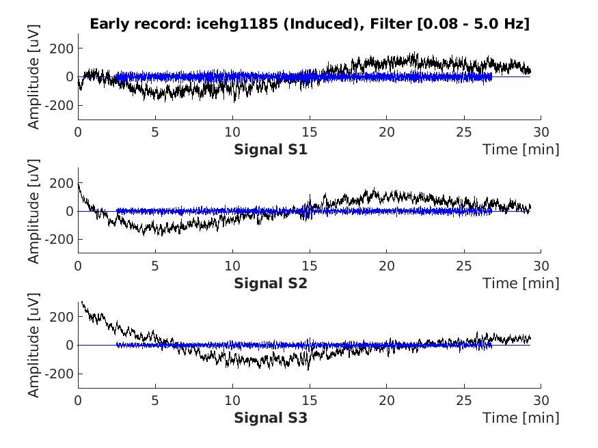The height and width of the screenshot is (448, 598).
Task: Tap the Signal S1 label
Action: pos(271,149)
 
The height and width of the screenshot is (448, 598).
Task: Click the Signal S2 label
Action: pos(271,283)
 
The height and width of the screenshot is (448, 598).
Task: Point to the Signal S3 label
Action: pos(271,417)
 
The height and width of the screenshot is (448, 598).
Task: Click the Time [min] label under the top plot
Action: pos(521,149)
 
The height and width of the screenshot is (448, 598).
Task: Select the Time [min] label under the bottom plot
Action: pos(521,417)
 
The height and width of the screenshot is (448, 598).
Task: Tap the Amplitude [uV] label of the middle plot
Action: pos(33,211)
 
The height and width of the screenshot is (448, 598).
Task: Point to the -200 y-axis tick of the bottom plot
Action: pos(62,374)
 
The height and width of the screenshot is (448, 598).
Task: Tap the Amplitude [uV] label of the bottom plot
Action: pos(33,345)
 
